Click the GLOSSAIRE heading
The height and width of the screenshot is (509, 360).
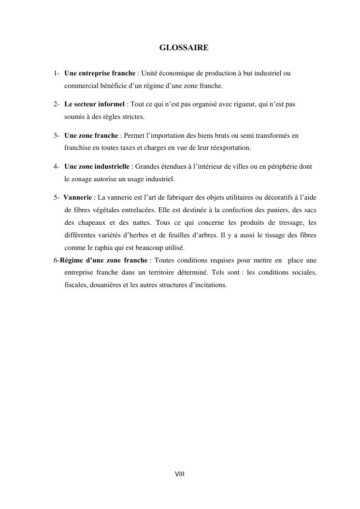click(x=184, y=48)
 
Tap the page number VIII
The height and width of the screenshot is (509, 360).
click(x=180, y=474)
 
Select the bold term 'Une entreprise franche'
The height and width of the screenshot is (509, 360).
click(x=100, y=73)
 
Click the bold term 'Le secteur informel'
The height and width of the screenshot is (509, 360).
click(x=94, y=104)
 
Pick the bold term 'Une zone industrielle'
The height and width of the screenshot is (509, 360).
click(x=97, y=167)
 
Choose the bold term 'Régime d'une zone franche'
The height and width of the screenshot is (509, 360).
click(x=103, y=260)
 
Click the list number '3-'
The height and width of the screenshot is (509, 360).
click(x=57, y=136)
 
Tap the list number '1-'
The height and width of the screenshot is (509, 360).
click(x=57, y=73)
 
